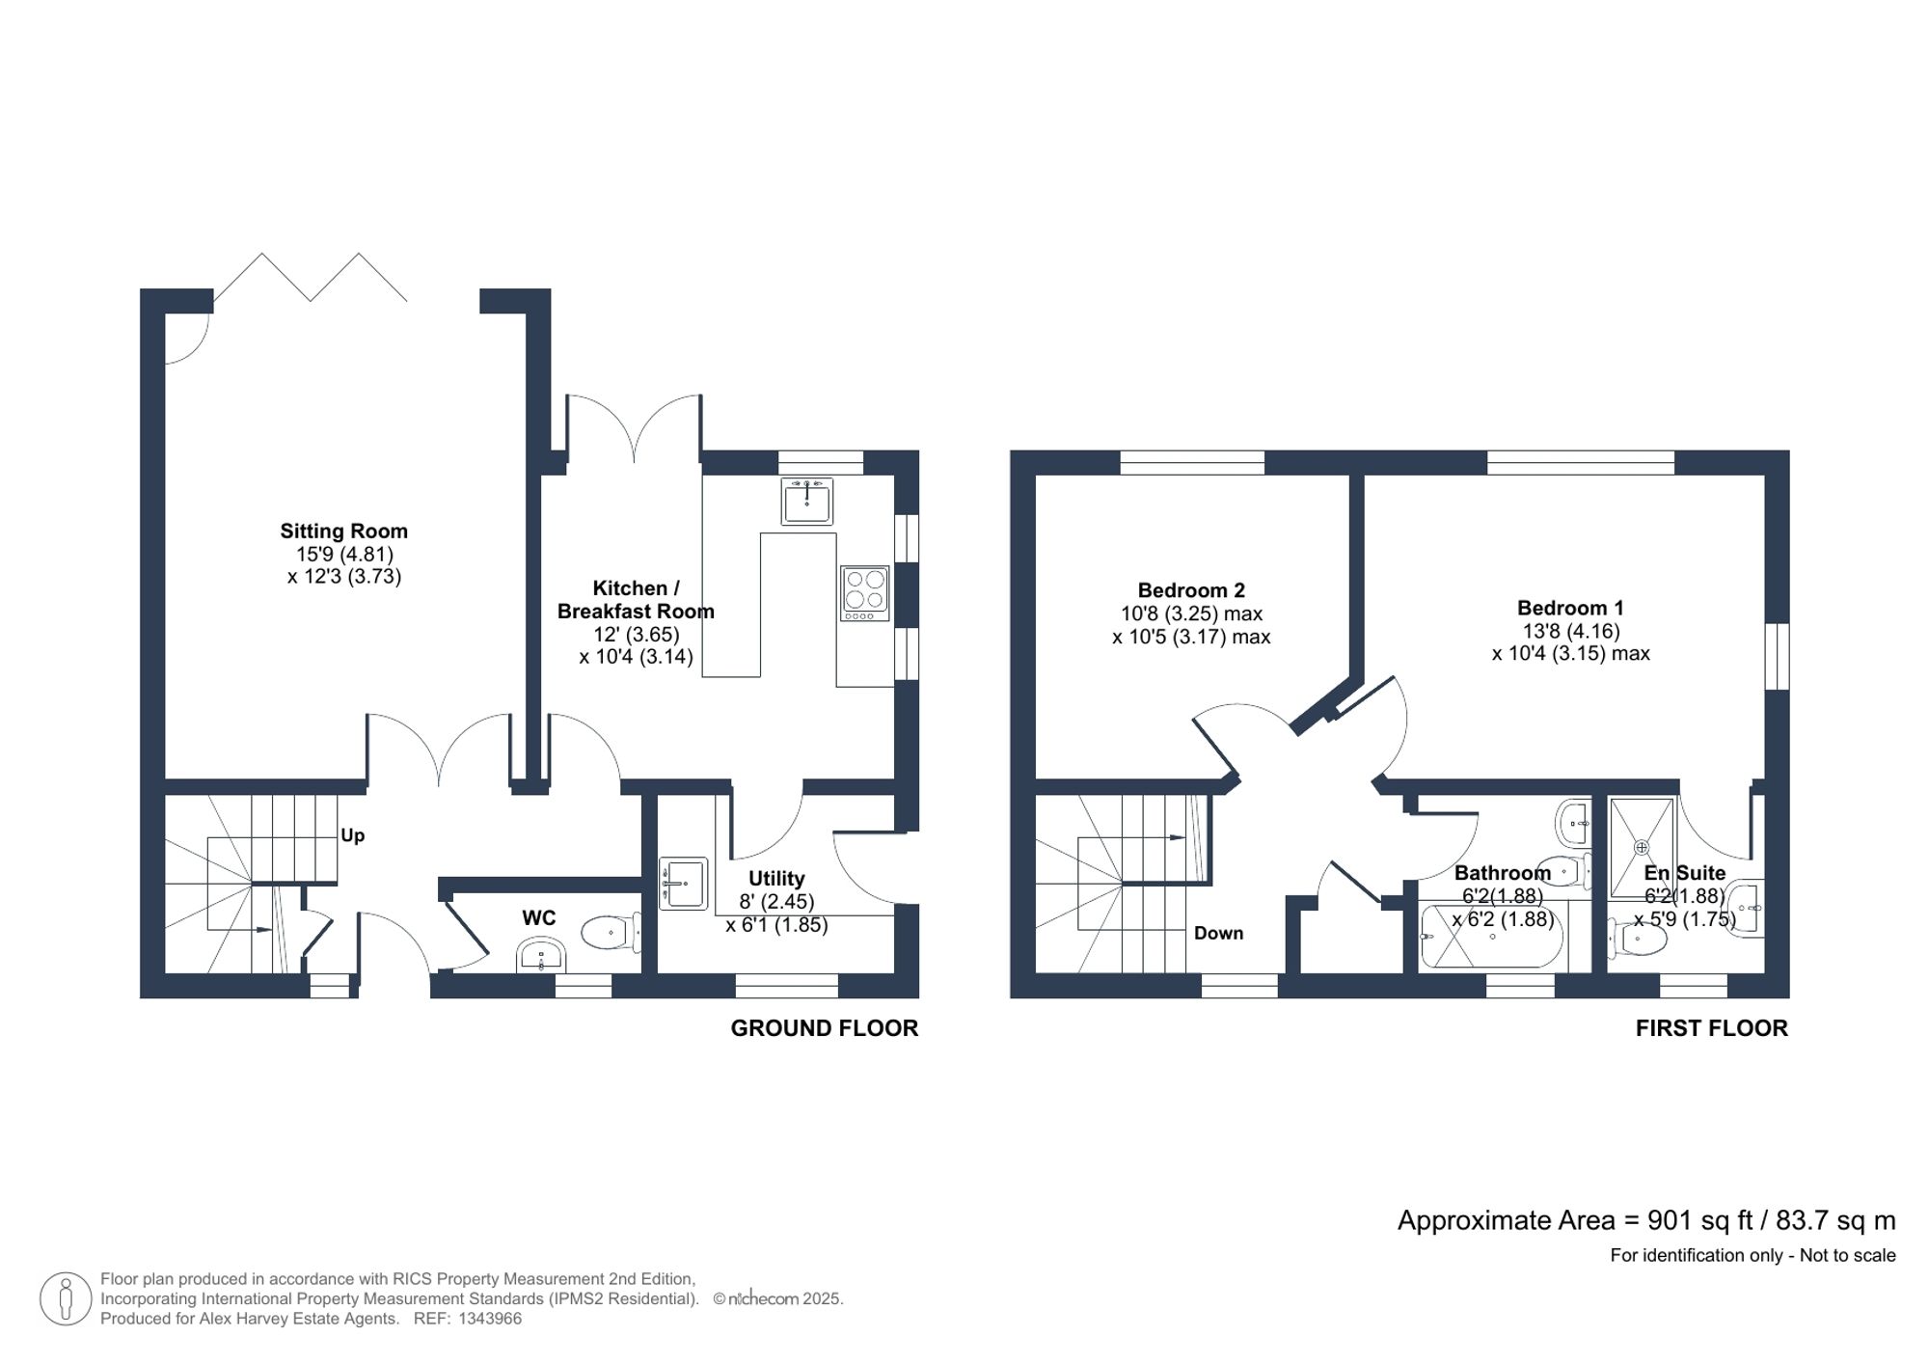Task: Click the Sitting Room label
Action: pyautogui.click(x=343, y=531)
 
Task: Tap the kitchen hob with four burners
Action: pyautogui.click(x=864, y=592)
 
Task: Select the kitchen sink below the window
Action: pyautogui.click(x=806, y=501)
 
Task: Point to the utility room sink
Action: pyautogui.click(x=683, y=883)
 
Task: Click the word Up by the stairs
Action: pyautogui.click(x=352, y=835)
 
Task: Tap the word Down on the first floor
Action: pyautogui.click(x=1218, y=933)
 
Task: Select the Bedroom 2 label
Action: pyautogui.click(x=1191, y=590)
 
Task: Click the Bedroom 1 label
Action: pyautogui.click(x=1570, y=608)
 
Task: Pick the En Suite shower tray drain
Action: pyautogui.click(x=1642, y=848)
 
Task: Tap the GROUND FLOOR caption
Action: pyautogui.click(x=824, y=1028)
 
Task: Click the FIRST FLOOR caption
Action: pyautogui.click(x=1711, y=1028)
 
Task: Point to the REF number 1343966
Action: pyautogui.click(x=489, y=1319)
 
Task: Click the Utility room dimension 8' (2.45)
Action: pyautogui.click(x=776, y=902)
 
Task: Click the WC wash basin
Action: pyautogui.click(x=541, y=956)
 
